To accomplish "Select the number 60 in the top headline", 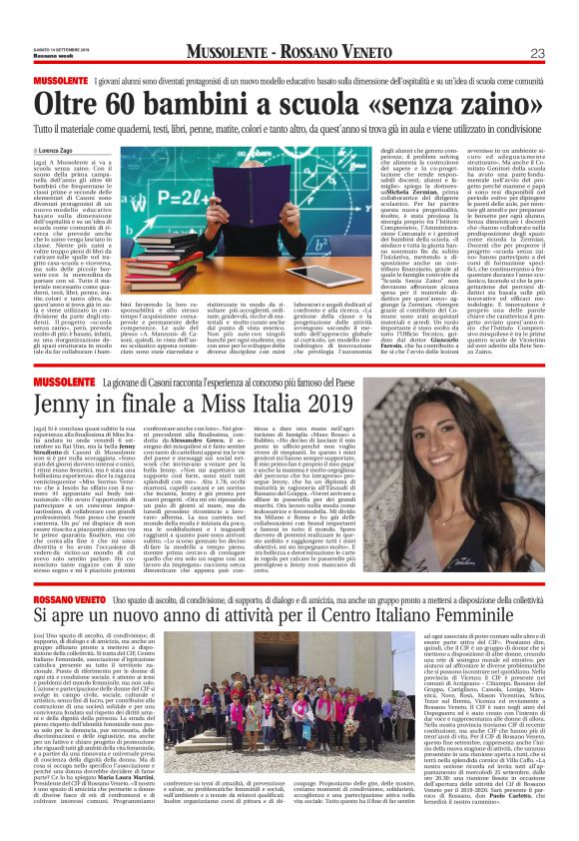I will (x=115, y=103).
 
